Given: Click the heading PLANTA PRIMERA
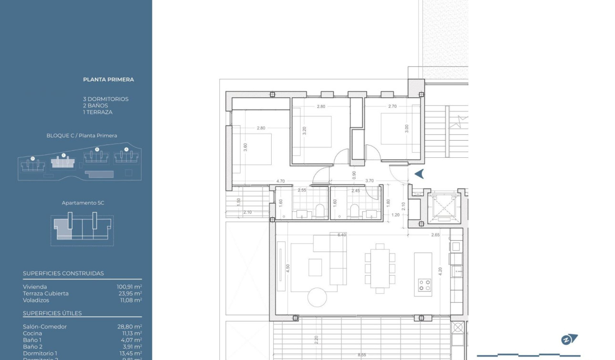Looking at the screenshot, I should coord(108,80).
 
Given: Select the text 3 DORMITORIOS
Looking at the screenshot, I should coord(105,99).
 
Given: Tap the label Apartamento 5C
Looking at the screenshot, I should coord(83,203).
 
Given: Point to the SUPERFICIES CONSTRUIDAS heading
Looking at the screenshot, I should coord(63,273).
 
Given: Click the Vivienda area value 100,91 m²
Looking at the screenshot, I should coord(129,287).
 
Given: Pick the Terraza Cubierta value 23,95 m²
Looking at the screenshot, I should coord(129,294).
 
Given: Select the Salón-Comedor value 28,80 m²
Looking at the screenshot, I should coord(129,327).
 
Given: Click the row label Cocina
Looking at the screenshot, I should coord(32,333).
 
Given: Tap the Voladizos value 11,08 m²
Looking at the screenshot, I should coord(129,300).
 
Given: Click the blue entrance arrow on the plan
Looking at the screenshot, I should coord(419,174).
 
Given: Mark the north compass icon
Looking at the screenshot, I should coord(569,339).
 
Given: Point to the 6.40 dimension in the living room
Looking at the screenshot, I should coord(341,235).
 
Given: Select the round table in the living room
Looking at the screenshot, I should coord(317,297).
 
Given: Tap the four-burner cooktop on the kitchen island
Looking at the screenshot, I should coord(424,285).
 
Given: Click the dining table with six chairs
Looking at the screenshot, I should coord(379,267).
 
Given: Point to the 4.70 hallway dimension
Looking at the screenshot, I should coord(280,181).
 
